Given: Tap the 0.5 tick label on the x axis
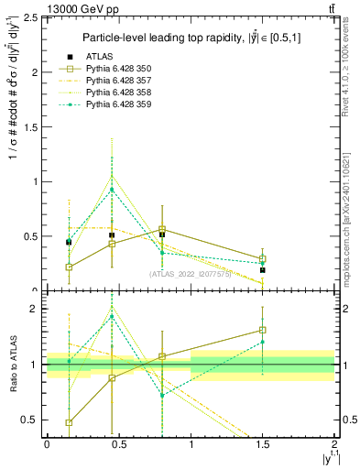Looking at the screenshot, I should click(118, 442).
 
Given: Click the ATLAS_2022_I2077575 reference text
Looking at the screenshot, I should click(191, 274).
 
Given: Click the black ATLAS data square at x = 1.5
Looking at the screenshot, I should click(263, 270).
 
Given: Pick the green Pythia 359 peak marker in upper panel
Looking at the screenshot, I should click(112, 190).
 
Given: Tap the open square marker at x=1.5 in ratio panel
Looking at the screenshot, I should click(263, 330).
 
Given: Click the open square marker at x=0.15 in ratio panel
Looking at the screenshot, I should click(70, 423).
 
